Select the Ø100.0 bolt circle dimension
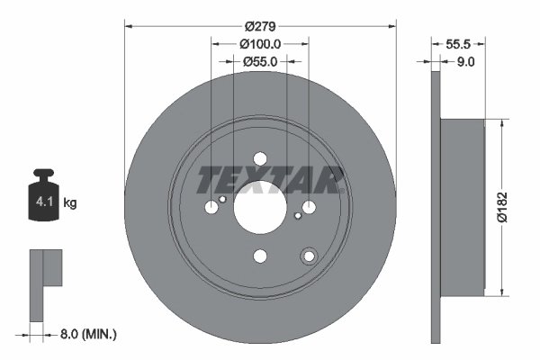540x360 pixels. pyautogui.click(x=261, y=42)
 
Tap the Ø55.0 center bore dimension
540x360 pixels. pyautogui.click(x=260, y=61)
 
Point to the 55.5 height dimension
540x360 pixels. pyautogui.click(x=460, y=42)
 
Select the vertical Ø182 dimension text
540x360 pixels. pyautogui.click(x=514, y=206)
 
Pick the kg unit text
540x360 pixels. pyautogui.click(x=70, y=203)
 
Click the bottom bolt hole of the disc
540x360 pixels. pyautogui.click(x=260, y=256)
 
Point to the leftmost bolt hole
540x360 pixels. pyautogui.click(x=211, y=207)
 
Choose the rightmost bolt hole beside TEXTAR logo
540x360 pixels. pyautogui.click(x=310, y=207)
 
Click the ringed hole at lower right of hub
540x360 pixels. pyautogui.click(x=309, y=256)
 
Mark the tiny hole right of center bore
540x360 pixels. pyautogui.click(x=298, y=215)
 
